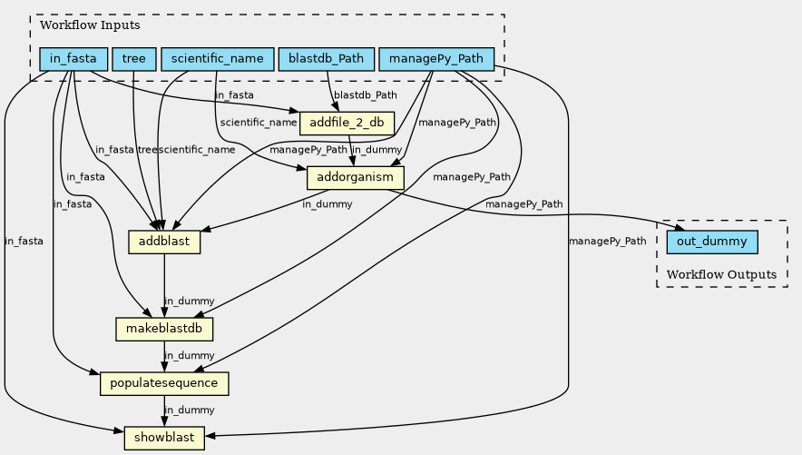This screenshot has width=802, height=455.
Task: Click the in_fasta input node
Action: [73, 60]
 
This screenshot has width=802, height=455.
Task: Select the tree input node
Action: [134, 60]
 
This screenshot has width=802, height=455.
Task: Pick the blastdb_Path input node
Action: [326, 60]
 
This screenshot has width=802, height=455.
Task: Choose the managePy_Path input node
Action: [435, 60]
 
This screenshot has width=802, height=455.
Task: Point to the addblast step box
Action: [164, 242]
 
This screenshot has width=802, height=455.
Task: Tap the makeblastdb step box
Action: [164, 328]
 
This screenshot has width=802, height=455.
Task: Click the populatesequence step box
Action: [164, 383]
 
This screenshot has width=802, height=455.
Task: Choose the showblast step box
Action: [164, 438]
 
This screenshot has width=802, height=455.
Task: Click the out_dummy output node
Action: [712, 242]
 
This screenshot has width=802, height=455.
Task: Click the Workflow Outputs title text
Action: [721, 274]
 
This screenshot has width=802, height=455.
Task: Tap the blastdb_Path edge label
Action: [366, 94]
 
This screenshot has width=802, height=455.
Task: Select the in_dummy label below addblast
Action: [189, 301]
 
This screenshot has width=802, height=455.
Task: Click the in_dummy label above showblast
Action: [189, 410]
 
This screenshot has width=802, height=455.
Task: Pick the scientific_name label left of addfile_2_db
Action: [259, 122]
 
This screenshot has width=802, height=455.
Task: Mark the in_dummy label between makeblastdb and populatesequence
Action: [189, 355]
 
